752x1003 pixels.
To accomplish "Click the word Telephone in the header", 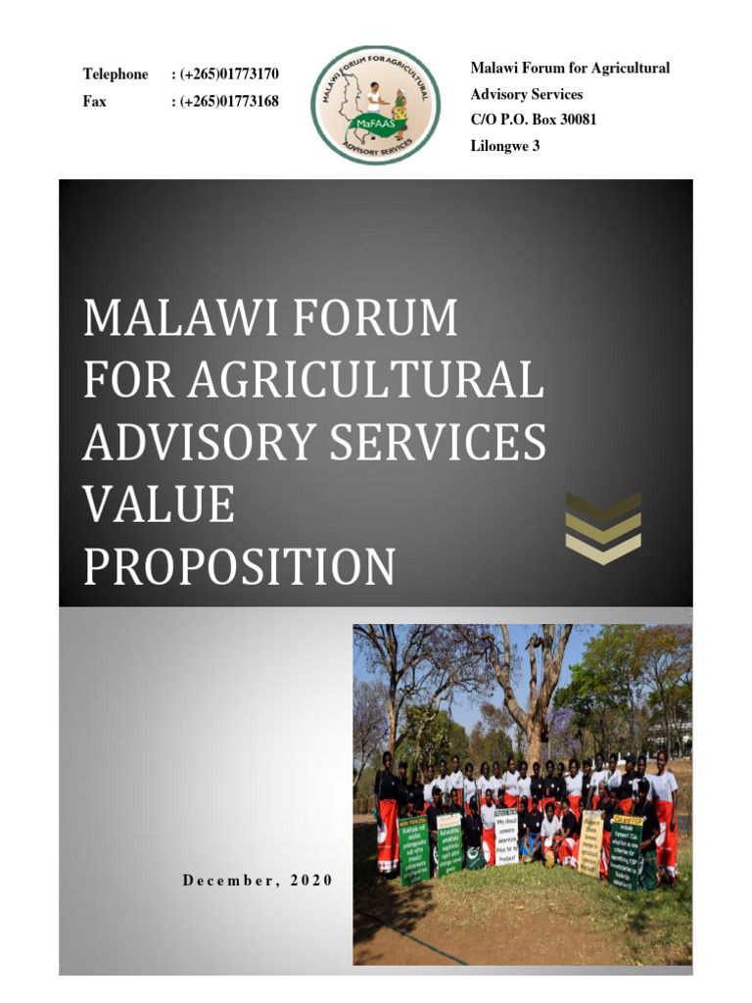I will coord(116,74).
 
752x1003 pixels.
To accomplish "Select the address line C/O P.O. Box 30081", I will coord(533,119).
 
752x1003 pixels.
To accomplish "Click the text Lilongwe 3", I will coord(505,146).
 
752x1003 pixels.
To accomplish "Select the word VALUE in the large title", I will coord(159,505).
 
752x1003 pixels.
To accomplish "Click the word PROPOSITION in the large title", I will coord(240,567).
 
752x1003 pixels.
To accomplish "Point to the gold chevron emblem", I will coord(603,528).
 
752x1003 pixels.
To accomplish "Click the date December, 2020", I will coord(258,880).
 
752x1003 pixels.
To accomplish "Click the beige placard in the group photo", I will coord(591,841).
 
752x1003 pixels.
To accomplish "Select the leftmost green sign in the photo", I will coord(414,851).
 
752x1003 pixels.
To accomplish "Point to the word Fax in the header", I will coord(95,101).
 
